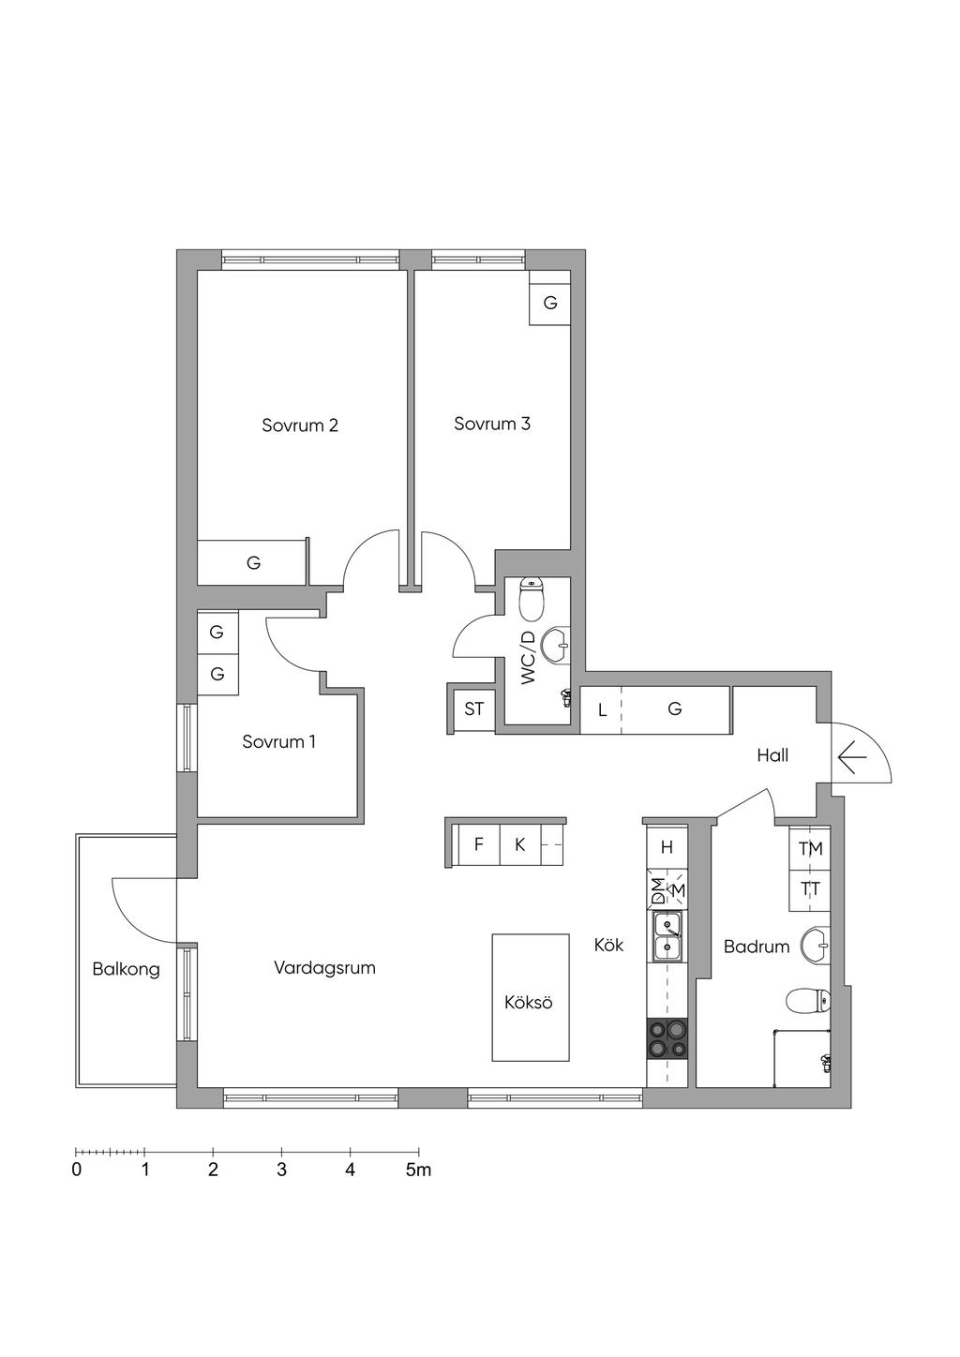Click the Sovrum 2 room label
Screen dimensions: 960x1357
point(299,425)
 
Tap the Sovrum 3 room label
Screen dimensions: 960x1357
point(492,424)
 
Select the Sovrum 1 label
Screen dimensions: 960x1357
point(278,741)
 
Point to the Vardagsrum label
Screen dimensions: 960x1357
point(325,967)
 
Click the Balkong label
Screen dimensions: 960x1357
point(126,970)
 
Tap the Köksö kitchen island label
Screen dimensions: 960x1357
point(529,1002)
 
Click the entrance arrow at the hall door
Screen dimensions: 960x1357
point(852,757)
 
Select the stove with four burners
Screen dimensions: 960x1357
point(667,1039)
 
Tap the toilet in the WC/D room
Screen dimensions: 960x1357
point(532,600)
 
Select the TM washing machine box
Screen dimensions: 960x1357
point(810,848)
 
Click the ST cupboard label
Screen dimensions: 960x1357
point(474,708)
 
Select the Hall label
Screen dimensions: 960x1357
point(772,755)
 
